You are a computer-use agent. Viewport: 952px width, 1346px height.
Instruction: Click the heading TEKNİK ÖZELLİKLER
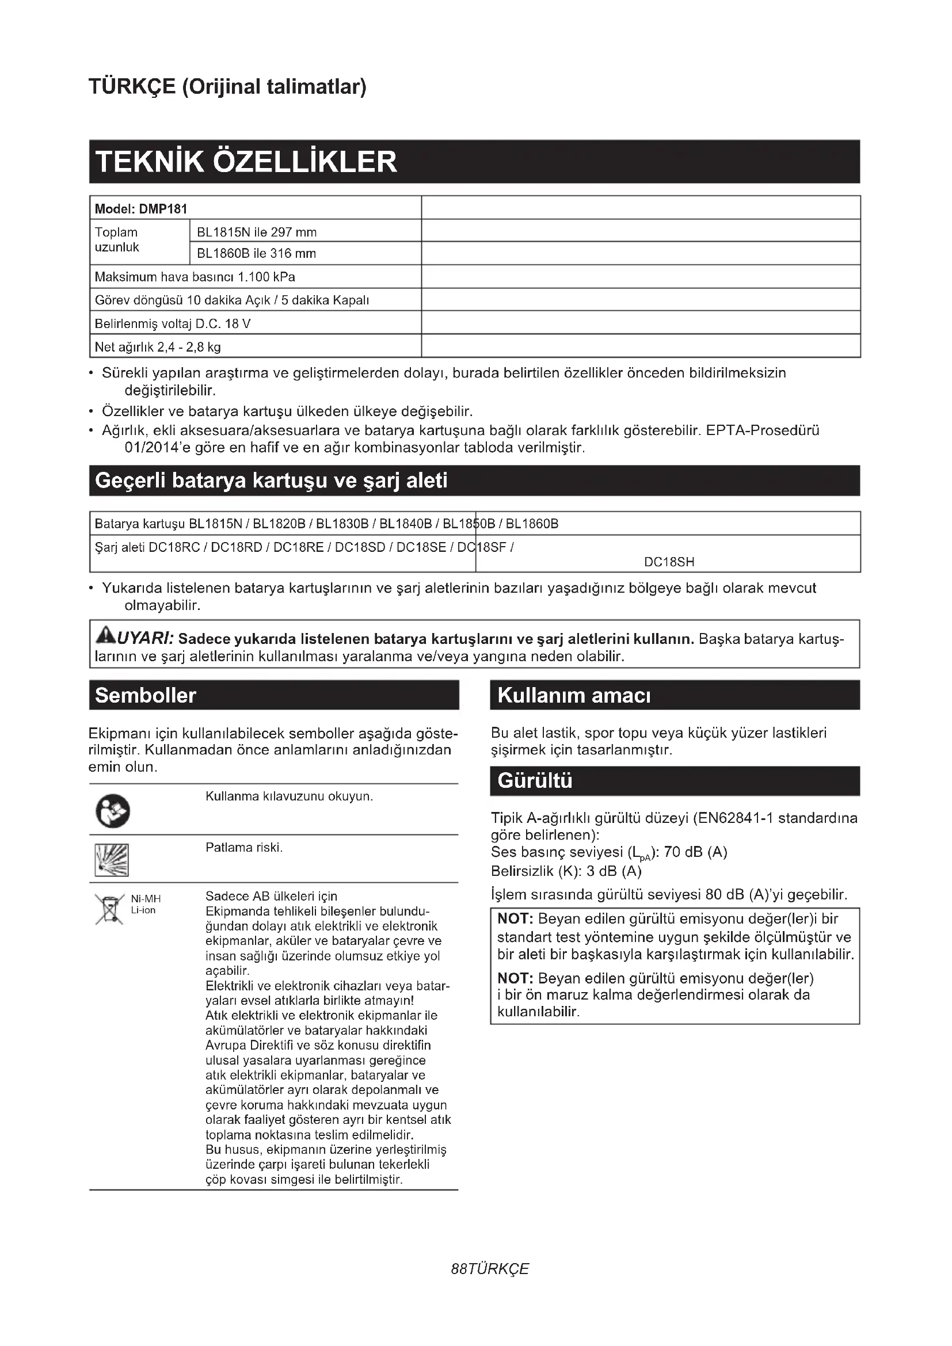pos(246,162)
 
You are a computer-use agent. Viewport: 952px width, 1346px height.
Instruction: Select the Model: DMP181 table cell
pos(141,209)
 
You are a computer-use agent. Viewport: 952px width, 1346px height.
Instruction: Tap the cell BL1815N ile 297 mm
pos(256,232)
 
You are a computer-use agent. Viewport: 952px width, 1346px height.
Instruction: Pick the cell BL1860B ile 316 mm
pos(256,253)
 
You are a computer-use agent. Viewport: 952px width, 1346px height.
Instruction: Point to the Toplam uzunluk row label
pos(117,240)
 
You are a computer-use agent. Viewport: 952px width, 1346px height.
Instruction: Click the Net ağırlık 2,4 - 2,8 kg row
pos(158,346)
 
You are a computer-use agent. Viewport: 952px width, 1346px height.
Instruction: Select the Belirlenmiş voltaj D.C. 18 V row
pos(172,323)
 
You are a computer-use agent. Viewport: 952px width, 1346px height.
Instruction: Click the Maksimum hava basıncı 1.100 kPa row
pos(195,277)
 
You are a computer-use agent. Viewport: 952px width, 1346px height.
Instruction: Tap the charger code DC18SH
pos(669,562)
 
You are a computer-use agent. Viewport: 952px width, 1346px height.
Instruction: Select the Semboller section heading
pos(146,695)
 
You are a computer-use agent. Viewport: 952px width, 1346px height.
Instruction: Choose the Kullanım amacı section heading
pos(574,695)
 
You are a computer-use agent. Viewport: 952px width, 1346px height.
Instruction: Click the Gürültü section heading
pos(535,781)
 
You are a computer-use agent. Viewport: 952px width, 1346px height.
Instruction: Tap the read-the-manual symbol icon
pos(112,811)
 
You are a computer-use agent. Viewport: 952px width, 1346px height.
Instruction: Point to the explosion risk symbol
pos(112,860)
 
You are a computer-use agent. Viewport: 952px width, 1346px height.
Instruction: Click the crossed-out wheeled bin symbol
pos(109,909)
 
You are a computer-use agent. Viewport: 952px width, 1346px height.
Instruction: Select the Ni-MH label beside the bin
pos(146,899)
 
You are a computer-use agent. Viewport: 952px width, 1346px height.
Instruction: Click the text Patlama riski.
pos(244,848)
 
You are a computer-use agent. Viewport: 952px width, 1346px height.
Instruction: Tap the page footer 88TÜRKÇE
pos(489,1269)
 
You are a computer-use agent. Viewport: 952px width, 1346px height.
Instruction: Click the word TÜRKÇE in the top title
pos(132,87)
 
